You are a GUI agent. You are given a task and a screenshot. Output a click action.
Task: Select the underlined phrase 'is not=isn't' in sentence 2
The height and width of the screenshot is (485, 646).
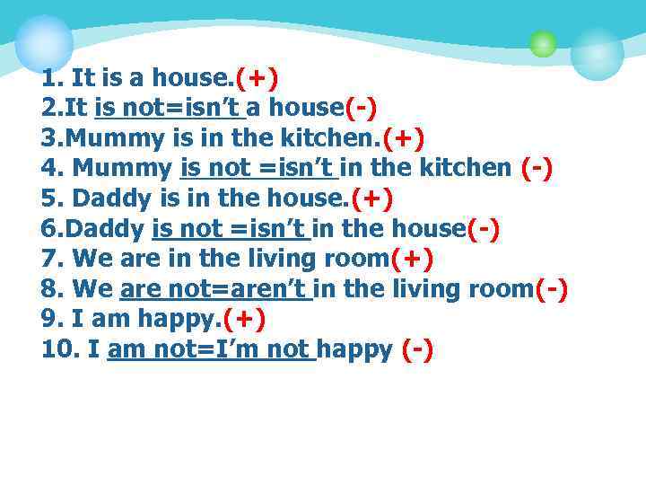(170, 109)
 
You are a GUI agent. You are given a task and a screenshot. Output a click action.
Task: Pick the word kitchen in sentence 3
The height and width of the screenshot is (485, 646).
(325, 139)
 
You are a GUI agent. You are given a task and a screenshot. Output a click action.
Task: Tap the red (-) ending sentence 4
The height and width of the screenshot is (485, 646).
(536, 169)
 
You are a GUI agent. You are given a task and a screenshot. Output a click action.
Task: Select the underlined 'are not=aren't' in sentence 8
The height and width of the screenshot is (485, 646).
(215, 289)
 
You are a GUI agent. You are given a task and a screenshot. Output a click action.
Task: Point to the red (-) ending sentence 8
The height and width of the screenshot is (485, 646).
(550, 289)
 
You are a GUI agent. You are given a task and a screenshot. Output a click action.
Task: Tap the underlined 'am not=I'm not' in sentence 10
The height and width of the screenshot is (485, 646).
(210, 349)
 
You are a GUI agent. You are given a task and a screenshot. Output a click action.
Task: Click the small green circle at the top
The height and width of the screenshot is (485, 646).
(542, 43)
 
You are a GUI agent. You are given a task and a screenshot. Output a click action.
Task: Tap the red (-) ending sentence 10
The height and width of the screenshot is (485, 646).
(417, 349)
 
